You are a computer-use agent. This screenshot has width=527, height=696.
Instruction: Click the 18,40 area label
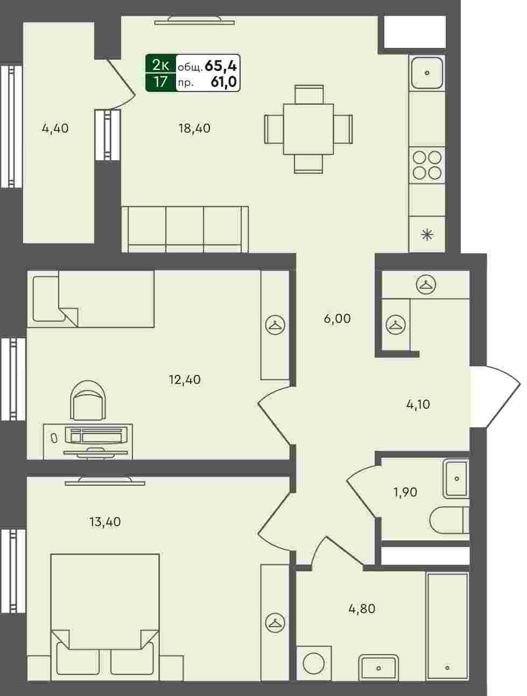pyautogui.click(x=194, y=129)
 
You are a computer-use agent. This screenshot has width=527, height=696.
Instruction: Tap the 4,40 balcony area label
pyautogui.click(x=55, y=129)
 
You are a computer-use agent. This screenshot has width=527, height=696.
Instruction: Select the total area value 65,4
pyautogui.click(x=221, y=66)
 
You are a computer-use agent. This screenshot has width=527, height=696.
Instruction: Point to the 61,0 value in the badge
pyautogui.click(x=224, y=82)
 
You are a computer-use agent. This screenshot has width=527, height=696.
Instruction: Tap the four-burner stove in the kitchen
pyautogui.click(x=427, y=165)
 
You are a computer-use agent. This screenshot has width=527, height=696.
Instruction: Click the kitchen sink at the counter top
pyautogui.click(x=427, y=73)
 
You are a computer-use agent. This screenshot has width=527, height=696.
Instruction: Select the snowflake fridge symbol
pyautogui.click(x=427, y=235)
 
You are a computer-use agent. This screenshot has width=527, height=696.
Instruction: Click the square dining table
pyautogui.click(x=308, y=129)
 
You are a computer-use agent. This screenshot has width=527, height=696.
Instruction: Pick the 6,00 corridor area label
pyautogui.click(x=338, y=318)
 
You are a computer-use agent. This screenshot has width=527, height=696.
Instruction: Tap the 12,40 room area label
pyautogui.click(x=185, y=380)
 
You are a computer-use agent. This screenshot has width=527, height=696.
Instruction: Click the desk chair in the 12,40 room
pyautogui.click(x=88, y=401)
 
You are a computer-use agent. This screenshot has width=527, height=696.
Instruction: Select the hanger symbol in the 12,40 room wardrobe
pyautogui.click(x=275, y=325)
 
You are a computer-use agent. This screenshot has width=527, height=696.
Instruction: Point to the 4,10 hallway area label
pyautogui.click(x=418, y=404)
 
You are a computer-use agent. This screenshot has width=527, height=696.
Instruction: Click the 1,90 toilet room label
pyautogui.click(x=405, y=492)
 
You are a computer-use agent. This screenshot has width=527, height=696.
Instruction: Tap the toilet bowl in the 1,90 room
pyautogui.click(x=449, y=520)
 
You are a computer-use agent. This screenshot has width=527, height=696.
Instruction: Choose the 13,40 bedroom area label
pyautogui.click(x=105, y=522)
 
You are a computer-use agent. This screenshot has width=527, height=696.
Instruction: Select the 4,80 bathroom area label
pyautogui.click(x=362, y=609)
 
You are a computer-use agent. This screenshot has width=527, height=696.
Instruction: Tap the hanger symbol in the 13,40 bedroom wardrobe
pyautogui.click(x=275, y=623)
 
